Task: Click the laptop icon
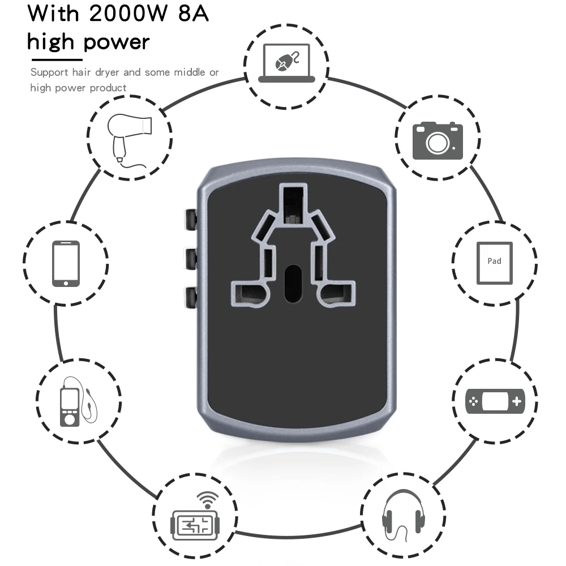click(287, 63)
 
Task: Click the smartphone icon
click(66, 264)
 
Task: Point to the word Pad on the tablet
click(494, 261)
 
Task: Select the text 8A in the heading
click(193, 14)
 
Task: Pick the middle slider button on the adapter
click(190, 258)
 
